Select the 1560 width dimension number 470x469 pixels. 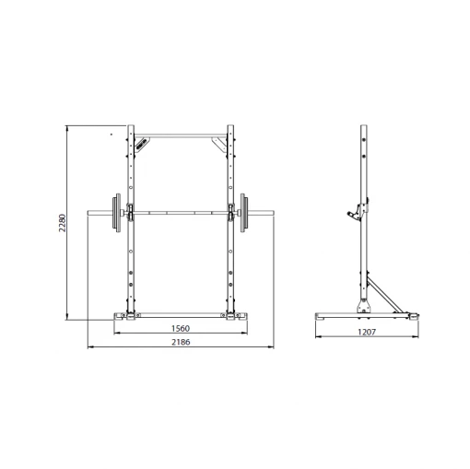pyautogui.click(x=181, y=329)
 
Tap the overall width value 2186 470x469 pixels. pyautogui.click(x=181, y=342)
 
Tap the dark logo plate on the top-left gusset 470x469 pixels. pyautogui.click(x=141, y=143)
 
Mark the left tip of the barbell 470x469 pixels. pyautogui.click(x=89, y=213)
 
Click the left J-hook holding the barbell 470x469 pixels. pyautogui.click(x=131, y=212)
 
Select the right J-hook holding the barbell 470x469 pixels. pyautogui.click(x=230, y=212)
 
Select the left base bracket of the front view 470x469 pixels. pyautogui.click(x=125, y=317)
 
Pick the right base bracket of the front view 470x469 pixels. pyautogui.click(x=236, y=317)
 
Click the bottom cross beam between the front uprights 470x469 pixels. pyautogui.click(x=181, y=311)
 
